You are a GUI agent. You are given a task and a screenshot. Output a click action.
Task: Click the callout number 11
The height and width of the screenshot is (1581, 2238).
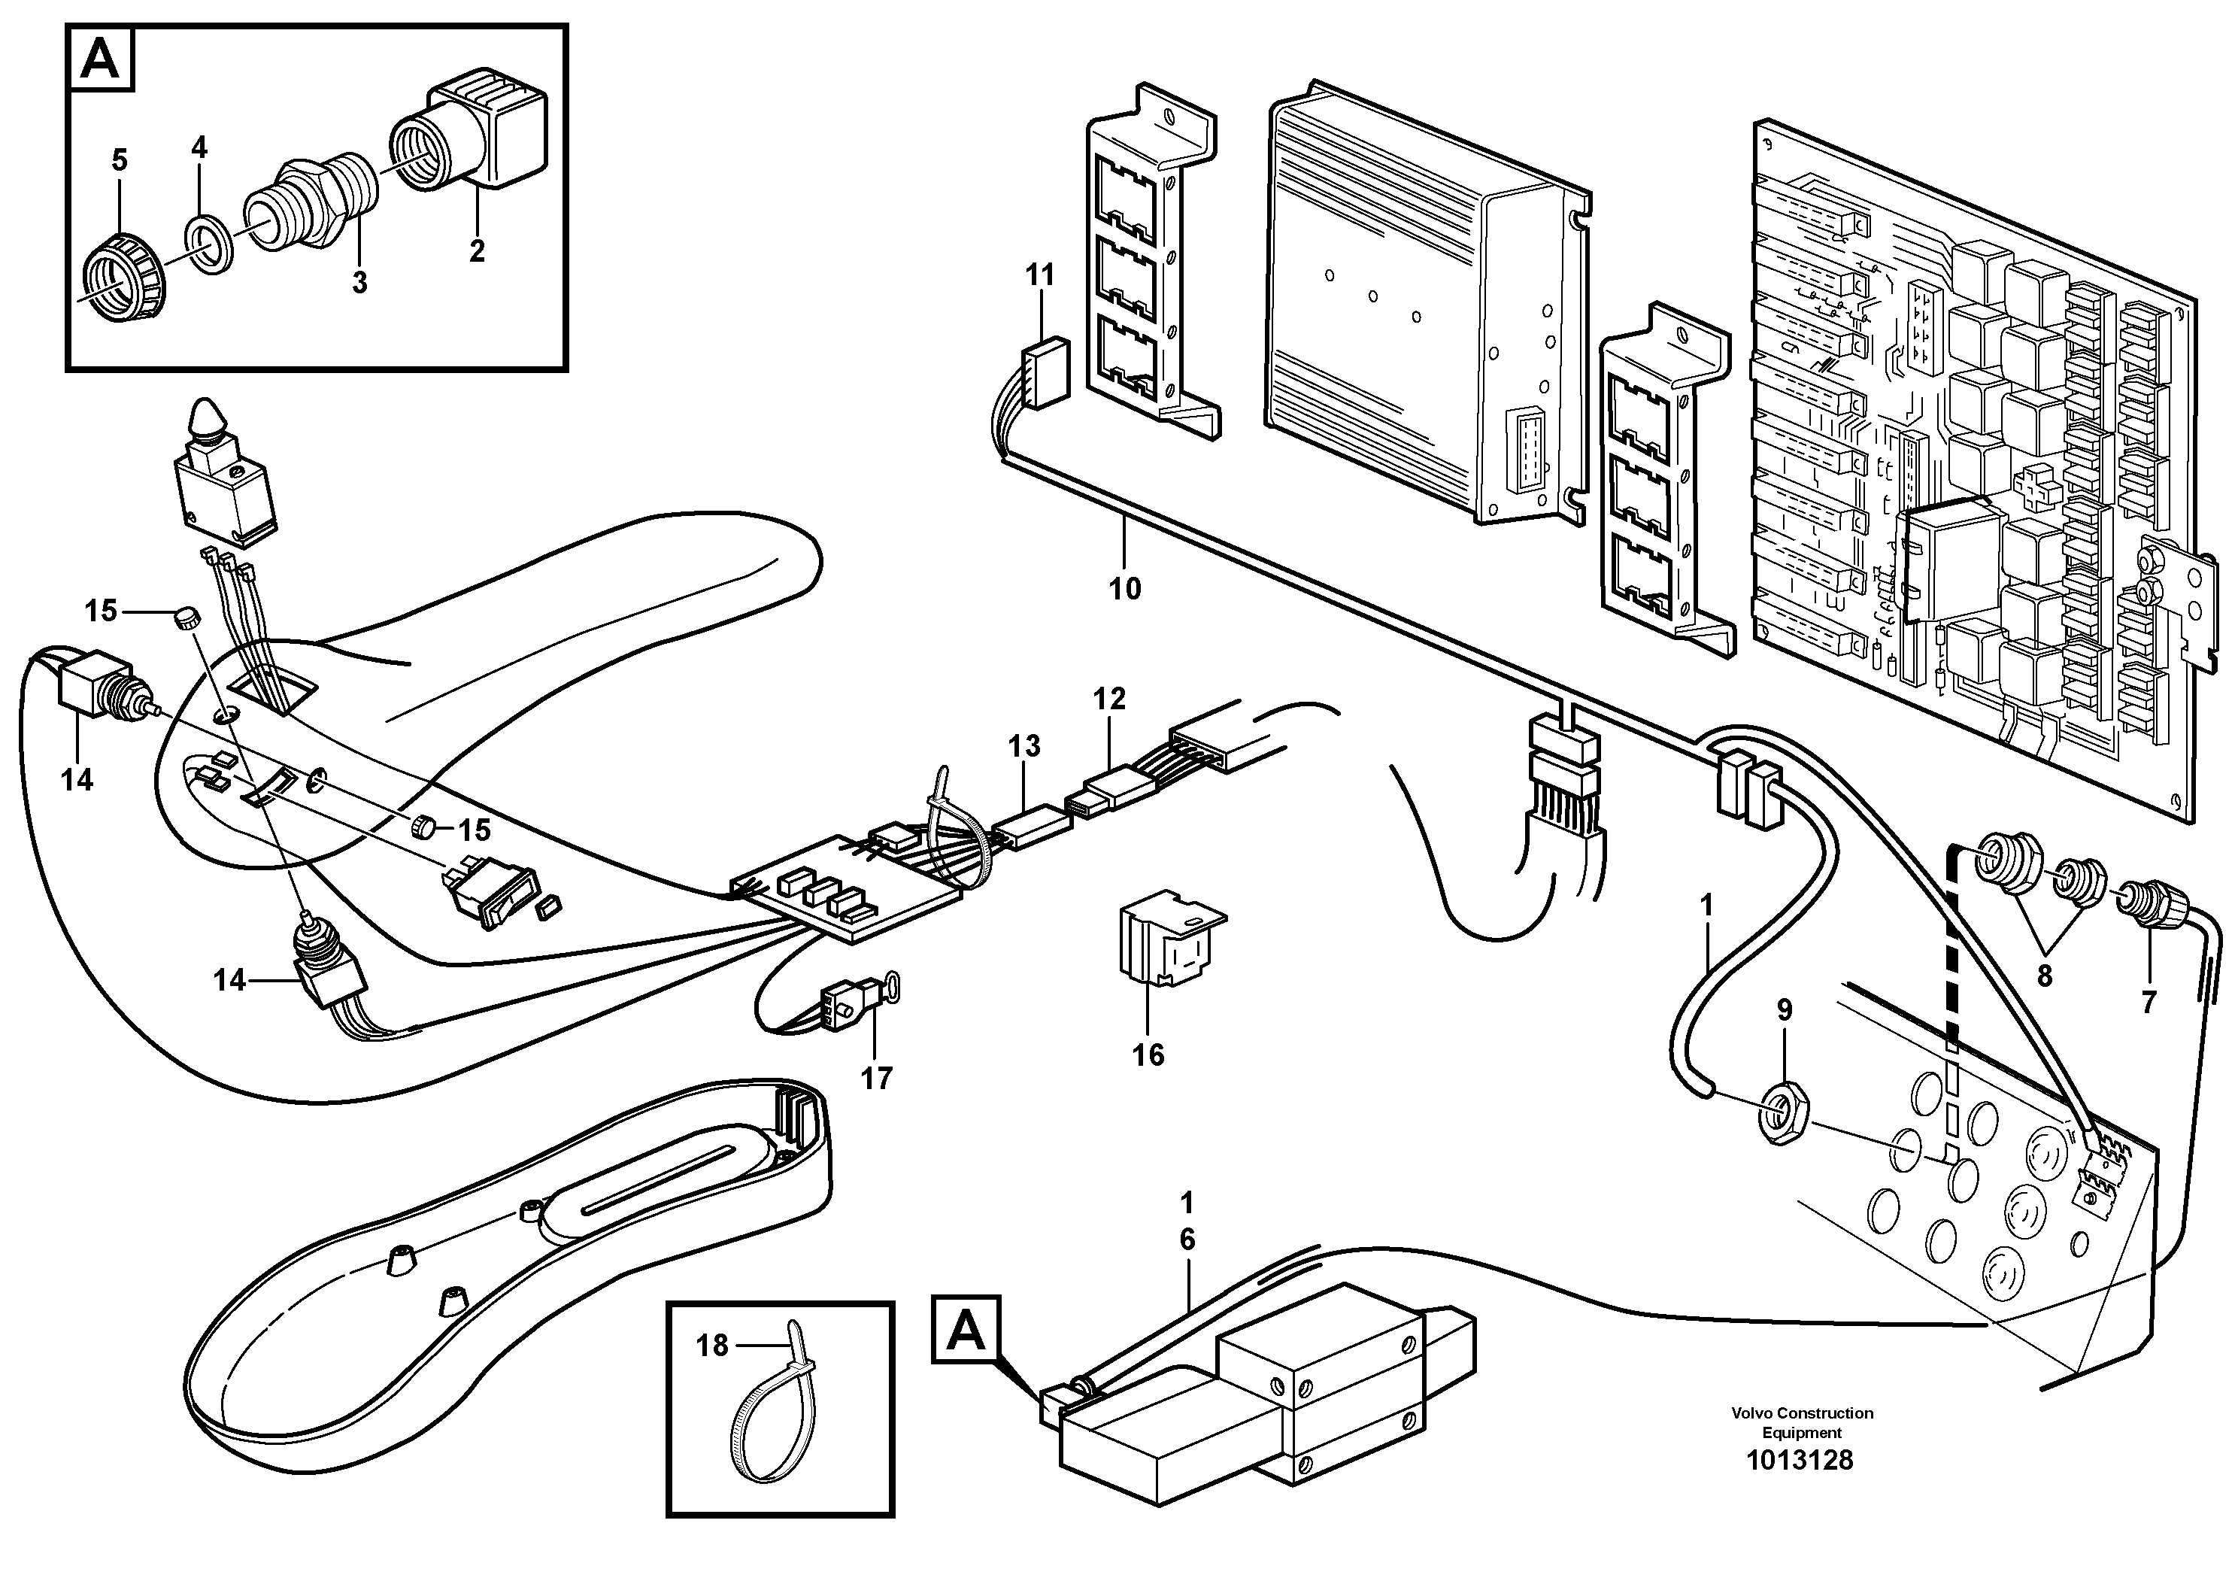pyautogui.click(x=1040, y=276)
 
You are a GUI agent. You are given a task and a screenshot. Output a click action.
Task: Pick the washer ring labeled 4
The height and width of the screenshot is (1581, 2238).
pyautogui.click(x=208, y=237)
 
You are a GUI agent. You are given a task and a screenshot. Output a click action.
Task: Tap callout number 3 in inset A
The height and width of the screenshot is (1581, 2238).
pyautogui.click(x=359, y=284)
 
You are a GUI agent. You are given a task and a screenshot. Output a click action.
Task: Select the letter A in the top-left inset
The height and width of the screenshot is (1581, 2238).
pyautogui.click(x=101, y=60)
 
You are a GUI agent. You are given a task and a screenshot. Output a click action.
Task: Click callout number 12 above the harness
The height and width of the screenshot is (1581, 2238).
pyautogui.click(x=1109, y=699)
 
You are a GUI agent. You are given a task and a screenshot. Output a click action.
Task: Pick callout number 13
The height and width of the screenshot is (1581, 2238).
pyautogui.click(x=1023, y=747)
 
